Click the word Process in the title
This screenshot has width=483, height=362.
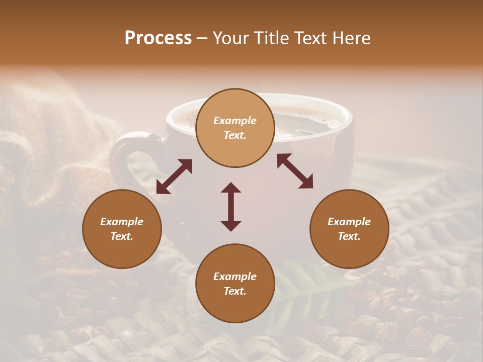coord(158,38)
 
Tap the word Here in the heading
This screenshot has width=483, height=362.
coord(352,38)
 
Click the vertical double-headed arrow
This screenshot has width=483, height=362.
coord(231,207)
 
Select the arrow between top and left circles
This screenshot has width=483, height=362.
coord(174,176)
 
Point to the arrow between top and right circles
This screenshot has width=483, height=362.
coord(295,171)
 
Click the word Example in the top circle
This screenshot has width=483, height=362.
coord(235,121)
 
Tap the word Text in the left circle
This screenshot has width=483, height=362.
coord(122,236)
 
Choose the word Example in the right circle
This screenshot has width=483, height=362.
coord(349,222)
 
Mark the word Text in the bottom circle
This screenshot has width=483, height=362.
coord(235,291)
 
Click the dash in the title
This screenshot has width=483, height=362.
coord(202,38)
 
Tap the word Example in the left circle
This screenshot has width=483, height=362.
coord(122,222)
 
